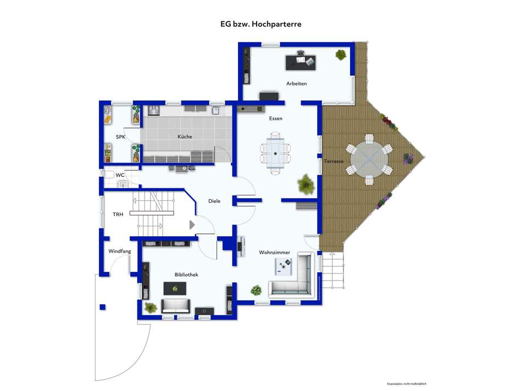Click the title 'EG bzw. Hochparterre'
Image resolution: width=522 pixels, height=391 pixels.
coord(261,24)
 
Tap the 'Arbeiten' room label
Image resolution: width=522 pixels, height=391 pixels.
coord(296,83)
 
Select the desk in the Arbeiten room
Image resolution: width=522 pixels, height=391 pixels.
coord(301,63)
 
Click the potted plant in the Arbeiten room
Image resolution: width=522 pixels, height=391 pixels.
coord(341,54)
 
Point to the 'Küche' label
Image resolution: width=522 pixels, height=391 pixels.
coord(185,137)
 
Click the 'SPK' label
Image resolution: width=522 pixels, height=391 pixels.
coord(120,137)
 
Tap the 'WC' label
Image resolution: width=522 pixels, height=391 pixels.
coord(120,175)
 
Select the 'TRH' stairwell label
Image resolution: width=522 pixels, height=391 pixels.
coord(118,215)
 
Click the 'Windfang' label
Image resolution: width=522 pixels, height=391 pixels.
coord(120,251)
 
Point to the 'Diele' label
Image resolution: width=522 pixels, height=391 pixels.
coord(214,201)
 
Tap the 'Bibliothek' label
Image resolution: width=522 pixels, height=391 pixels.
coord(186,274)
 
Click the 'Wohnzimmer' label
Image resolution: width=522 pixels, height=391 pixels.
coord(275,253)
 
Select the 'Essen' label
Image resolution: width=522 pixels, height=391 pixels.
coord(275,119)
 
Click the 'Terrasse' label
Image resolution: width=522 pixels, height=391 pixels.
coord(334,161)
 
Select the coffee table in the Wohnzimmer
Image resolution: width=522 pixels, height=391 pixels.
coord(285,267)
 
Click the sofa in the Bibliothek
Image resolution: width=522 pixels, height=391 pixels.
coord(176,305)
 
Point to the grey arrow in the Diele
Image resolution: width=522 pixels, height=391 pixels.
coord(192,225)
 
